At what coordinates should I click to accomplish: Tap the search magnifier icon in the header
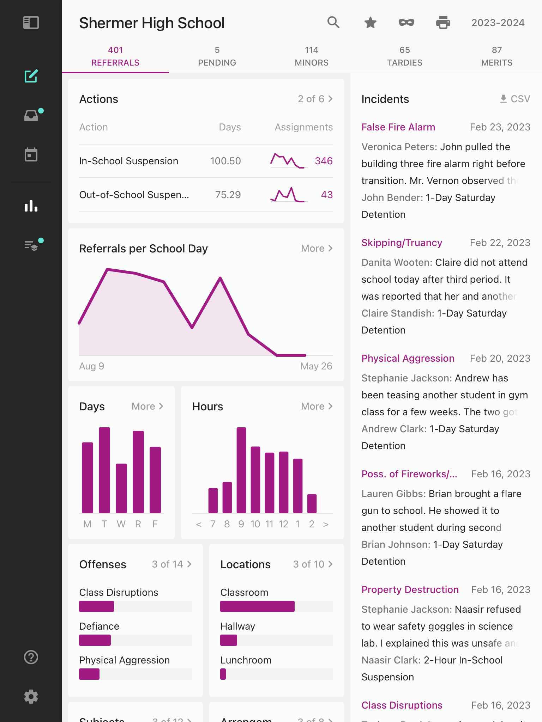(333, 23)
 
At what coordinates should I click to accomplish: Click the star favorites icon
(370, 23)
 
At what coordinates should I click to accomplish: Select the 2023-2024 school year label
(498, 23)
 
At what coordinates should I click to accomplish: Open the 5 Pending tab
(217, 56)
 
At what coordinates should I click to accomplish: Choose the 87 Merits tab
(496, 56)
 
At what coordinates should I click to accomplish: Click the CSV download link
(515, 99)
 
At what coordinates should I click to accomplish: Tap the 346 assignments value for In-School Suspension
(324, 161)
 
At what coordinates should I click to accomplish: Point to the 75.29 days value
(228, 195)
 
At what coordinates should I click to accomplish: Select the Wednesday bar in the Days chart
(121, 488)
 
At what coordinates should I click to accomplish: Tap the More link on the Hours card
(317, 406)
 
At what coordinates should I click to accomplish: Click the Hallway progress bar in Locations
(276, 640)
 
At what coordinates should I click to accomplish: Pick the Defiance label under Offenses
(99, 626)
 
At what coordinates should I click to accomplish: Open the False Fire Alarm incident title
(398, 127)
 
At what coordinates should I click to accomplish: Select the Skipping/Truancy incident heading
(402, 243)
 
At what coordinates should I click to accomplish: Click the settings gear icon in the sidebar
(31, 697)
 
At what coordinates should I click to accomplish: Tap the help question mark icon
(31, 657)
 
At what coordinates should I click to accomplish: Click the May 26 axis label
(316, 366)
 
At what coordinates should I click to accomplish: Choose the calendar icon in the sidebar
(31, 154)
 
